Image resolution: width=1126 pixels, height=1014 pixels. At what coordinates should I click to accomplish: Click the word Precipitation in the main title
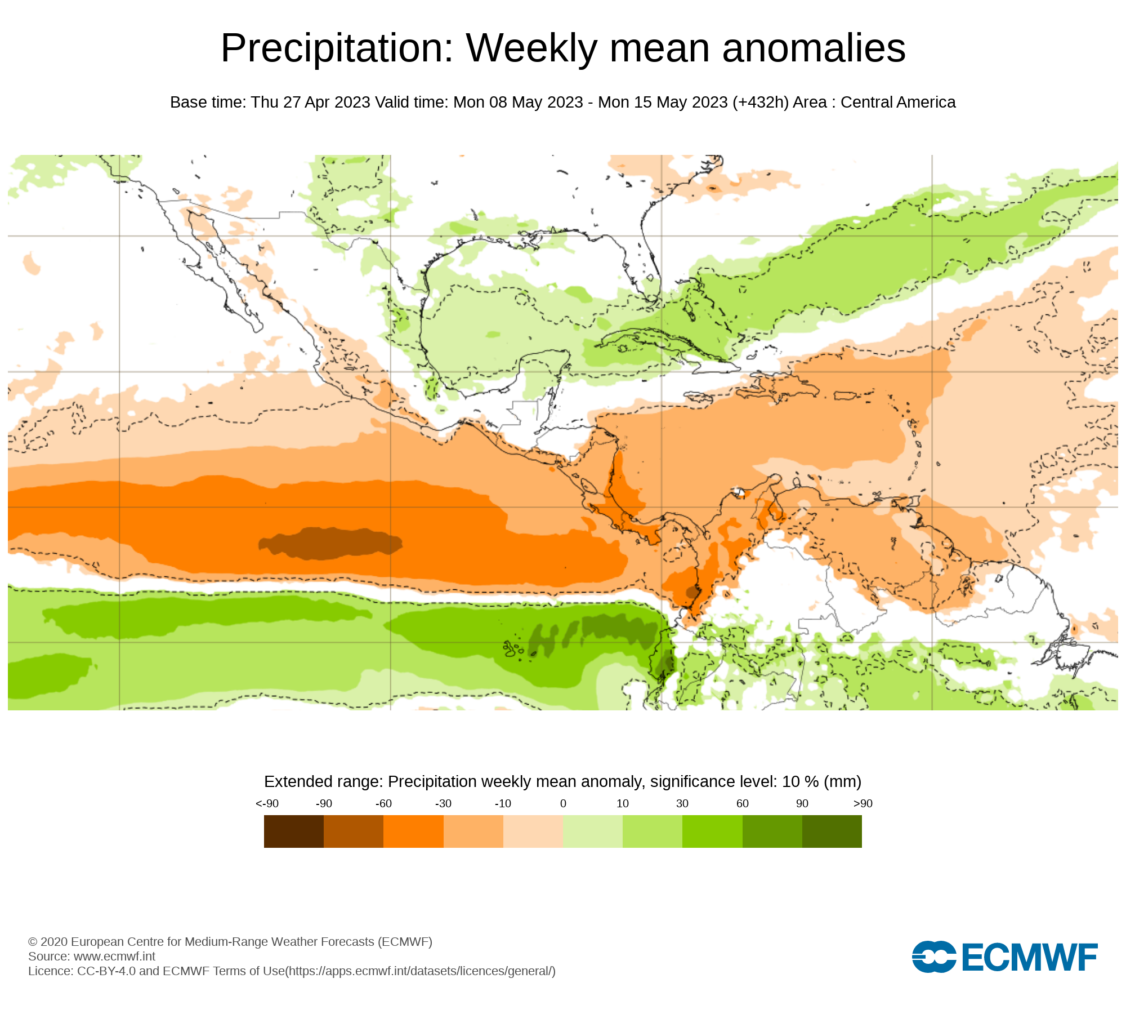tap(337, 48)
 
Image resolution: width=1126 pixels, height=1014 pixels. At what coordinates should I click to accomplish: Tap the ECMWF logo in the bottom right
tap(1004, 957)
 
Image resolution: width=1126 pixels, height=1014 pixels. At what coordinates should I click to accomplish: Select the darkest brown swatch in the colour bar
tap(293, 831)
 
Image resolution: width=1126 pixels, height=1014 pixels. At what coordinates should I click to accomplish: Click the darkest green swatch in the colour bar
tap(832, 831)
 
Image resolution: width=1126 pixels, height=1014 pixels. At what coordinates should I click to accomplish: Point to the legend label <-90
tap(267, 804)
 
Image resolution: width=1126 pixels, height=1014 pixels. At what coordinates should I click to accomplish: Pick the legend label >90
tap(863, 804)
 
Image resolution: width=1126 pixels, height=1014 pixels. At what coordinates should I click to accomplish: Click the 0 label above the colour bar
tap(563, 804)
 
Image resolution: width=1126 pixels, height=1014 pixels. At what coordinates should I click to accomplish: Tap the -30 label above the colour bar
tap(443, 804)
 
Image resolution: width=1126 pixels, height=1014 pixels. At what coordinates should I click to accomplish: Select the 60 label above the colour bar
tap(743, 804)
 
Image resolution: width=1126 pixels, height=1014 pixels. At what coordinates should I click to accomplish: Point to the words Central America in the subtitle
tap(898, 103)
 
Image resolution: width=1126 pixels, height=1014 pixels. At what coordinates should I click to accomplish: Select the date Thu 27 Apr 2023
tap(310, 103)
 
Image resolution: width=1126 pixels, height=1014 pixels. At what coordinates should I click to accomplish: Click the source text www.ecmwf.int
tap(114, 957)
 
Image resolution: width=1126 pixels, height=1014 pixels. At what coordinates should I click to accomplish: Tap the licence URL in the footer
tap(421, 971)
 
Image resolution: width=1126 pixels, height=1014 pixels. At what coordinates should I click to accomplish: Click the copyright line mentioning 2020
tap(230, 942)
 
